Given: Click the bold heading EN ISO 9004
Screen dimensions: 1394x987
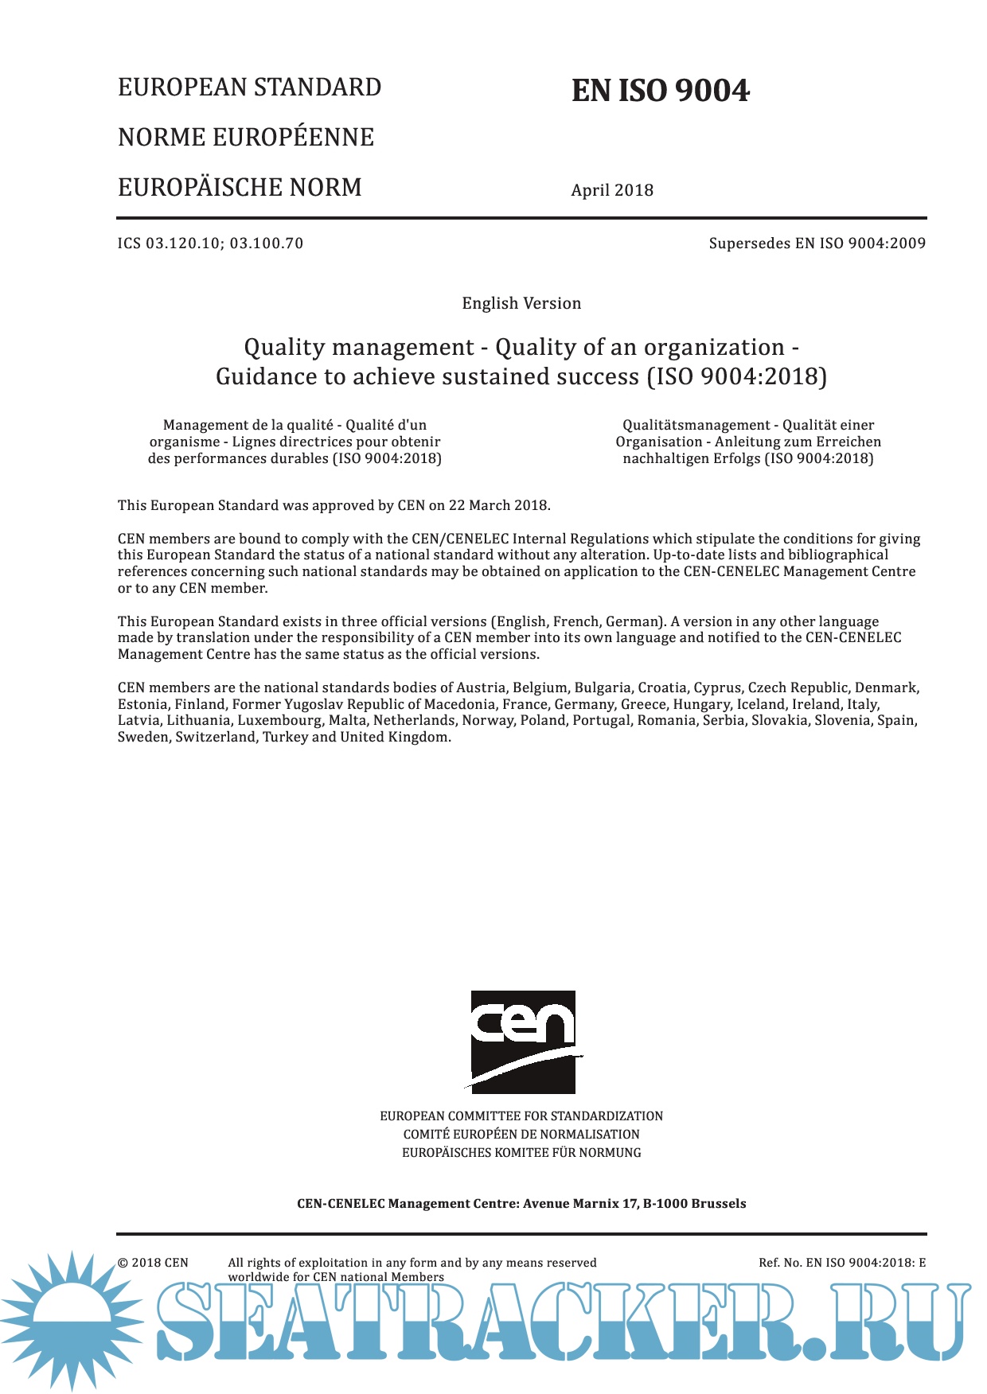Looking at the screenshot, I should click(660, 91).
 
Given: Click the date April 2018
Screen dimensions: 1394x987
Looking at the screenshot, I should click(612, 190).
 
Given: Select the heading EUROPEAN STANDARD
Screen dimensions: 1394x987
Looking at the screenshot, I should click(249, 87).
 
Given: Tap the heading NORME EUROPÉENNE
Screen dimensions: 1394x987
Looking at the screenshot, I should click(246, 137).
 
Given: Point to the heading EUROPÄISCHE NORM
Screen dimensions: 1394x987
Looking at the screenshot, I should click(240, 187).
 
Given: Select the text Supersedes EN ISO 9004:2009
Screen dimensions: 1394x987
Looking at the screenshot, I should click(817, 243).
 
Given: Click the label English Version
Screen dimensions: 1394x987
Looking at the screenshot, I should click(521, 303).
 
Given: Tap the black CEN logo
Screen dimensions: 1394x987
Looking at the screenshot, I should click(523, 1042).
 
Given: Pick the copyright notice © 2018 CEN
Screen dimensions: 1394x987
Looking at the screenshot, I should click(153, 1263).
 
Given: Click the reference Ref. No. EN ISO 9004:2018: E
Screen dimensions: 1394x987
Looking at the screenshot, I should click(842, 1263).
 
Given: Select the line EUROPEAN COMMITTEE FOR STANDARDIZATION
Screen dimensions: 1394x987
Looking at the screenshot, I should click(521, 1116).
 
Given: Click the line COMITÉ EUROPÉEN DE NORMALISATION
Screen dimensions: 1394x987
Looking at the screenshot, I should click(521, 1135).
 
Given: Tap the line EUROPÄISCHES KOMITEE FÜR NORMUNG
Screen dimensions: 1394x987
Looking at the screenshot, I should click(521, 1153).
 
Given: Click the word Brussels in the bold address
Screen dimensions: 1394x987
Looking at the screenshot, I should click(718, 1204).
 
